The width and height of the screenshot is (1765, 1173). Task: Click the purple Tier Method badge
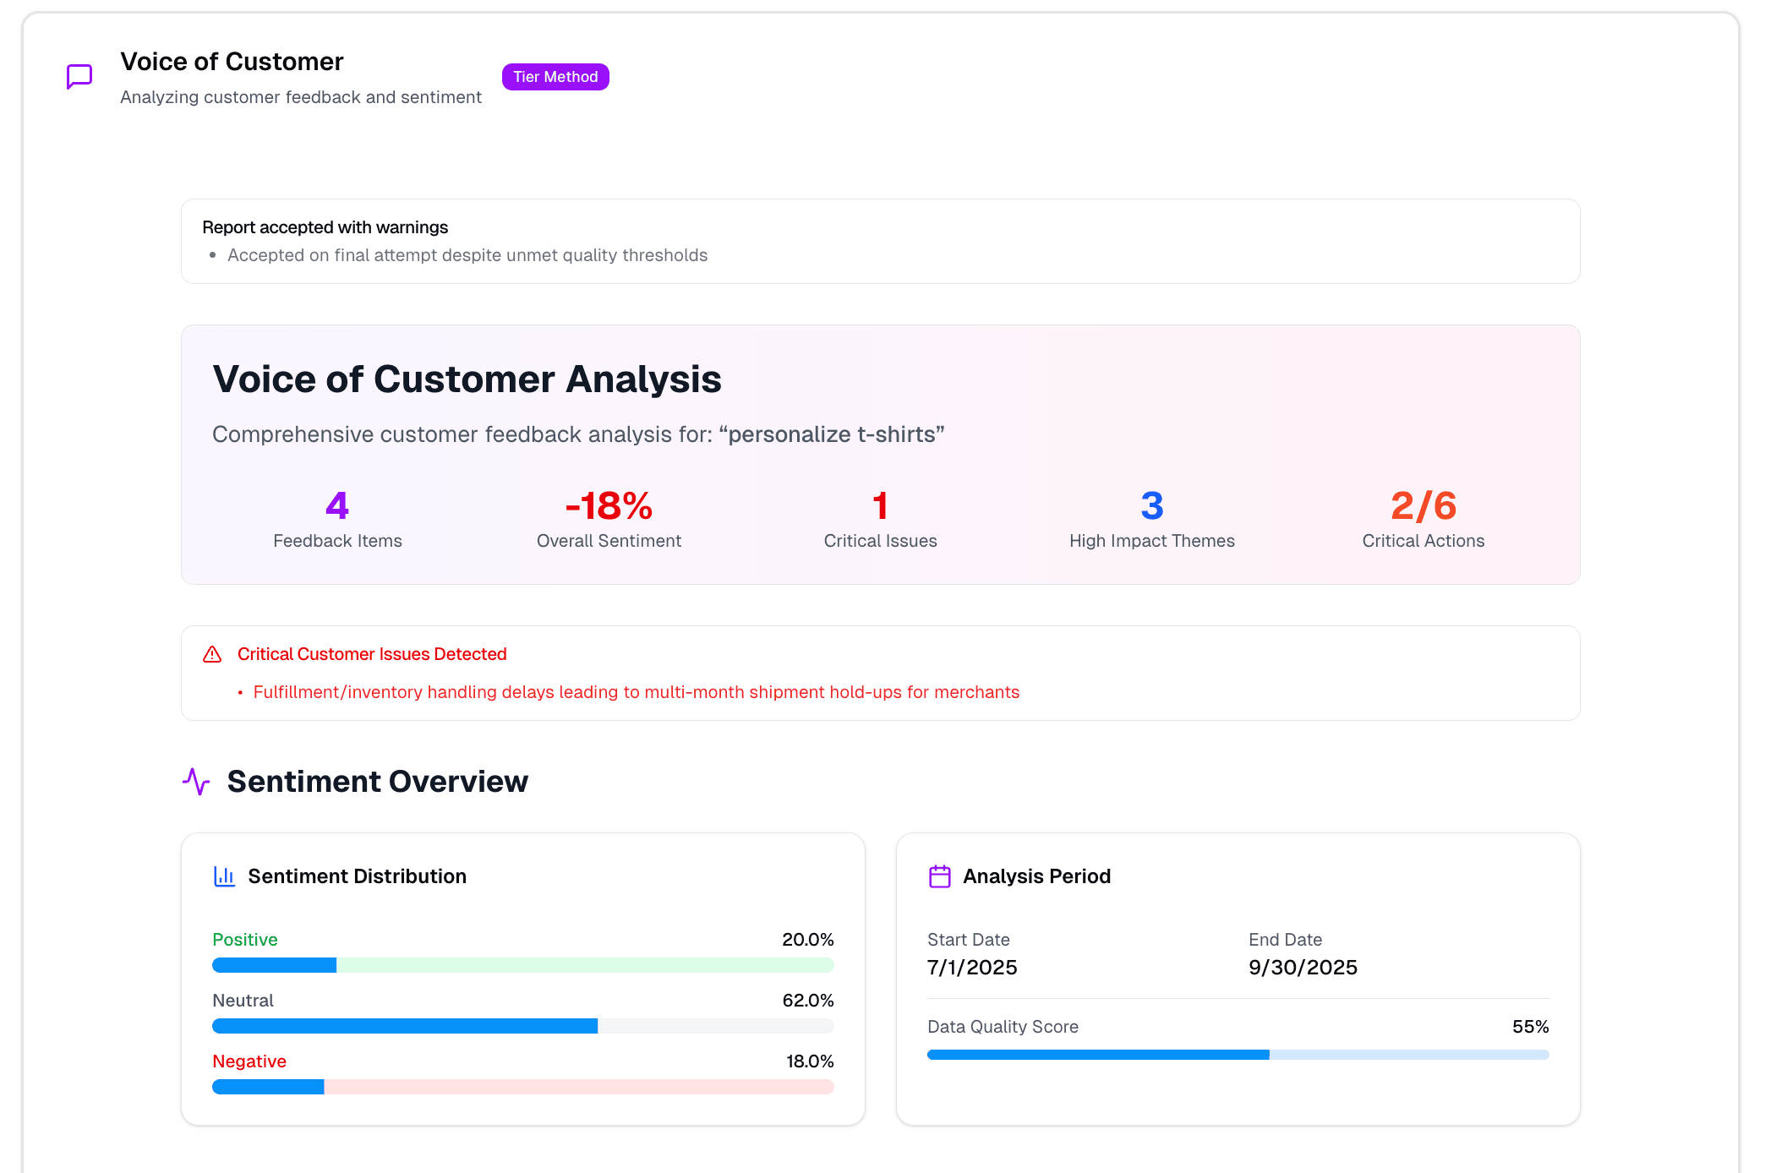pyautogui.click(x=555, y=77)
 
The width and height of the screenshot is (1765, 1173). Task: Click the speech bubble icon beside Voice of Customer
pyautogui.click(x=79, y=77)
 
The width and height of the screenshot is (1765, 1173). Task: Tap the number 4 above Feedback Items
pyautogui.click(x=337, y=505)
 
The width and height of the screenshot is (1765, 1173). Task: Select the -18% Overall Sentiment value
pyautogui.click(x=609, y=505)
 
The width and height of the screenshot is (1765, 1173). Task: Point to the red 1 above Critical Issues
pyautogui.click(x=880, y=505)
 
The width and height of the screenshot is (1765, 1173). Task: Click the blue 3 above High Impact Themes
pyautogui.click(x=1151, y=505)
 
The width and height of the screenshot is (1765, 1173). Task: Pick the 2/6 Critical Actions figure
pyautogui.click(x=1423, y=505)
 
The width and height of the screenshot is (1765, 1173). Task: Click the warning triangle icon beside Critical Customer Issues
pyautogui.click(x=212, y=654)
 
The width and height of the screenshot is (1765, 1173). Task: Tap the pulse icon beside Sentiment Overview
pyautogui.click(x=196, y=782)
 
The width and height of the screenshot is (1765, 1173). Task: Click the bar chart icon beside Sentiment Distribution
pyautogui.click(x=224, y=876)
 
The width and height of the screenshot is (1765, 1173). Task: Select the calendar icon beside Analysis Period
pyautogui.click(x=940, y=876)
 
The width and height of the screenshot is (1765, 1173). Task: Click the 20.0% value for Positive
pyautogui.click(x=807, y=940)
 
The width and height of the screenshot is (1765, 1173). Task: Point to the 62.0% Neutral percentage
pyautogui.click(x=807, y=1001)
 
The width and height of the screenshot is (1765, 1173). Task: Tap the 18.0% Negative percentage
pyautogui.click(x=809, y=1061)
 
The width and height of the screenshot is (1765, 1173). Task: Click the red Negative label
pyautogui.click(x=249, y=1061)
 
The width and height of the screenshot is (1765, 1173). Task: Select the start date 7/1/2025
pyautogui.click(x=972, y=968)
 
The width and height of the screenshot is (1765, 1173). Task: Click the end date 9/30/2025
pyautogui.click(x=1303, y=968)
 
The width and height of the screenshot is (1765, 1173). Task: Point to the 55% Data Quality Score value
pyautogui.click(x=1530, y=1027)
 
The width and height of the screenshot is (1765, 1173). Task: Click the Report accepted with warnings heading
pyautogui.click(x=325, y=227)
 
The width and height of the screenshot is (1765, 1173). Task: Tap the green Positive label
pyautogui.click(x=245, y=940)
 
